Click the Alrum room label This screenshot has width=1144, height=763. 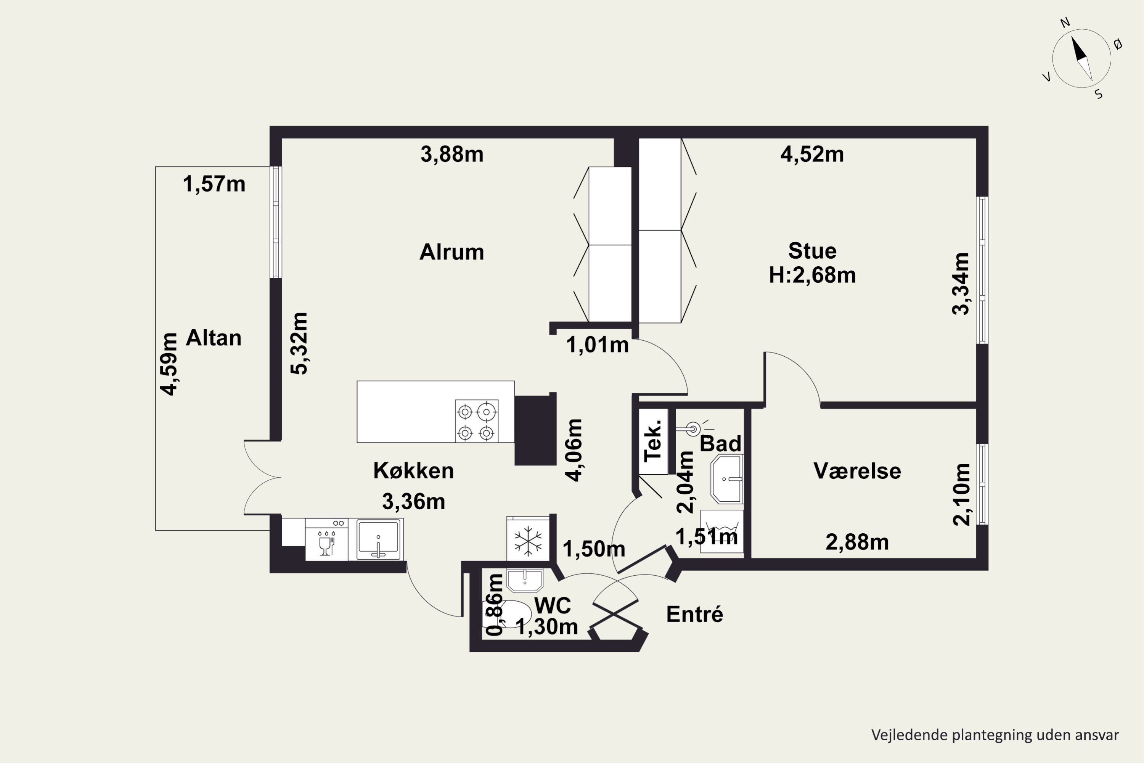[452, 252]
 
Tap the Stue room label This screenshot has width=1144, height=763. [812, 251]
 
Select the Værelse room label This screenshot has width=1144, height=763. [857, 471]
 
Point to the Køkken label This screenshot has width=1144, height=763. [413, 470]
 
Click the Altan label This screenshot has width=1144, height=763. [214, 338]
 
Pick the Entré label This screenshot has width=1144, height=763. [694, 614]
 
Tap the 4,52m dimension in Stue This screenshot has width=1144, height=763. [812, 154]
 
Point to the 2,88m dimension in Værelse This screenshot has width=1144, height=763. [857, 542]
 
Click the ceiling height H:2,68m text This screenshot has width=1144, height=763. [812, 275]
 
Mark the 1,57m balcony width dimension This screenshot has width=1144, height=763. [214, 184]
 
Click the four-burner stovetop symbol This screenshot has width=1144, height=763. [477, 421]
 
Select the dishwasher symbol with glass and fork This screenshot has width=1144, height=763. [326, 539]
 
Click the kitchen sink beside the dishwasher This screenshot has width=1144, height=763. [378, 539]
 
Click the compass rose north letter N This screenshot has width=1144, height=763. [1065, 23]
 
